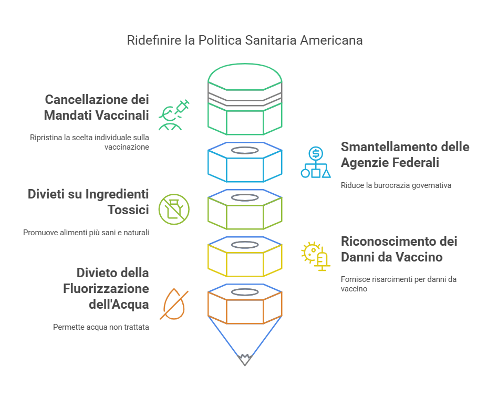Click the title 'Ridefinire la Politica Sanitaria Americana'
(245, 40)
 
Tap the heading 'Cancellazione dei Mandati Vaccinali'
(97, 107)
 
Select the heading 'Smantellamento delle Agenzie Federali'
(404, 154)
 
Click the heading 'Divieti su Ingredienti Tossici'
(88, 202)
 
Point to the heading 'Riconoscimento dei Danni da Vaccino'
(399, 249)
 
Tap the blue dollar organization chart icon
(316, 162)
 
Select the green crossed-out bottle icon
(174, 210)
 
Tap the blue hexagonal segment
(245, 163)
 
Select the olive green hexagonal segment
(245, 210)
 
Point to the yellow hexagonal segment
(245, 257)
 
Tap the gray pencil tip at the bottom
(244, 360)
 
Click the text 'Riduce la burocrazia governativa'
(396, 185)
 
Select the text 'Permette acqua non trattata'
(101, 327)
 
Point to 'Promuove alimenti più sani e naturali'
(86, 232)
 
